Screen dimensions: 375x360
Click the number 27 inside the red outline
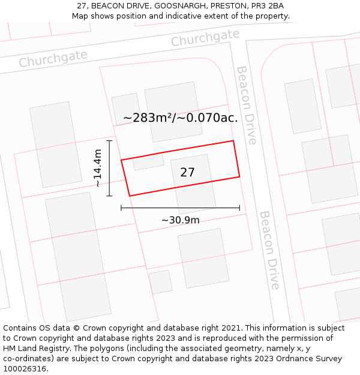point(187,172)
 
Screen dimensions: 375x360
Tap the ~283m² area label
point(149,118)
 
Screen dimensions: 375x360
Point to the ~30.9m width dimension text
point(180,220)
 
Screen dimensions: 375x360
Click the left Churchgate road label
point(53,59)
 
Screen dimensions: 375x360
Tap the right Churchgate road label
point(205,38)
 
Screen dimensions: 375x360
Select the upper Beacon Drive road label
point(247,105)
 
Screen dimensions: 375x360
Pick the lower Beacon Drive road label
point(270,250)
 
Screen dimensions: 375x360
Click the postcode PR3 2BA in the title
point(268,6)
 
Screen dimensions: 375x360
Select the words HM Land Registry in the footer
point(33,349)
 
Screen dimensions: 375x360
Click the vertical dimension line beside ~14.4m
point(109,168)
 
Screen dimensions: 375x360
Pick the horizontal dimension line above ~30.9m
point(180,208)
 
